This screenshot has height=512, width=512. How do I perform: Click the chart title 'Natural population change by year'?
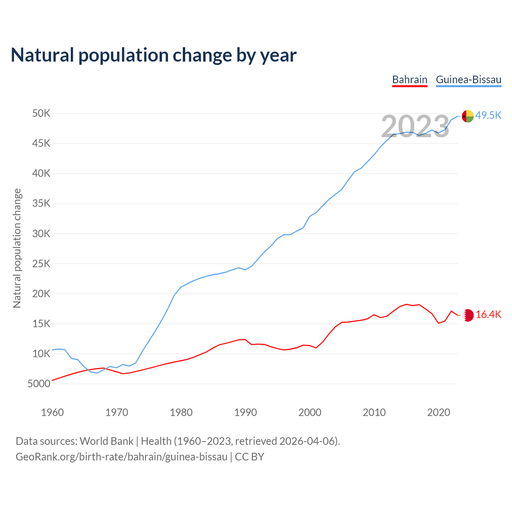click(154, 55)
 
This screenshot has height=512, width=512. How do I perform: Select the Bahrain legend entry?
click(410, 80)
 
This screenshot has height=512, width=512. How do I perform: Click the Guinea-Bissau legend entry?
click(468, 80)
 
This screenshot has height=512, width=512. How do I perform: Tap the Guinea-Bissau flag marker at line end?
click(468, 116)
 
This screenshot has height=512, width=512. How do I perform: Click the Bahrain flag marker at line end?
click(468, 315)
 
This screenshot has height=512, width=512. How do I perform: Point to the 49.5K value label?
click(488, 116)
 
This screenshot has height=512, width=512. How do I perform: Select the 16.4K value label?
click(488, 315)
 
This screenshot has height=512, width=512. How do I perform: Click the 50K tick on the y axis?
click(41, 114)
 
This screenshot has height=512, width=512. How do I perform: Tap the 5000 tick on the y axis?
click(39, 384)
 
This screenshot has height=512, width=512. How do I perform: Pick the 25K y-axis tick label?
click(41, 264)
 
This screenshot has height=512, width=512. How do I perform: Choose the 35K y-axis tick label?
click(41, 204)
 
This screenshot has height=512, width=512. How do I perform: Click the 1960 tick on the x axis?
click(52, 412)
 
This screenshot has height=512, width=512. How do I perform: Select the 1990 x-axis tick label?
click(246, 412)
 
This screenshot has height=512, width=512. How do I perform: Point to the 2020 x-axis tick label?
click(439, 412)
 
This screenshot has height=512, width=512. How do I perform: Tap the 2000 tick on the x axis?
click(310, 412)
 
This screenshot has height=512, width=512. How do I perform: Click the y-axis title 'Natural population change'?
click(17, 248)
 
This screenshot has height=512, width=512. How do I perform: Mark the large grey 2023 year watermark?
click(415, 127)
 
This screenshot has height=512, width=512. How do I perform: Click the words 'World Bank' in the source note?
click(106, 441)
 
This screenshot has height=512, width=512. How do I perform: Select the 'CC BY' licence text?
click(250, 457)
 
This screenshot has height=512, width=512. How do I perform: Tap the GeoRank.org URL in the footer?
click(121, 457)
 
